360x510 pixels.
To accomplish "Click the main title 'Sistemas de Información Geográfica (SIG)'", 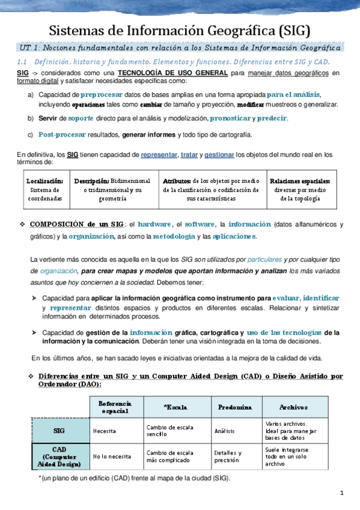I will [x=180, y=31].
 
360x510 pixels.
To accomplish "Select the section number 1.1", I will [x=23, y=62].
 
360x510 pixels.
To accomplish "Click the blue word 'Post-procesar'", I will [x=62, y=134].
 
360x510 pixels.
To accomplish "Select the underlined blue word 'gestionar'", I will [x=219, y=155].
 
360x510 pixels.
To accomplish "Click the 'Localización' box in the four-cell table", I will [x=44, y=189].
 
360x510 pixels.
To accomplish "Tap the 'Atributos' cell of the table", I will [x=210, y=189].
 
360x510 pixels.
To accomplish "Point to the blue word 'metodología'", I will [x=174, y=236].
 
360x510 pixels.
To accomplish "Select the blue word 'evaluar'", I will [x=285, y=298].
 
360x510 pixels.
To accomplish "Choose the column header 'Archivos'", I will [x=293, y=407].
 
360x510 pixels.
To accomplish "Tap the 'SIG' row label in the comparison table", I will [x=59, y=431].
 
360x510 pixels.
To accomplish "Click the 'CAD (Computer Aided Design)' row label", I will [x=59, y=456].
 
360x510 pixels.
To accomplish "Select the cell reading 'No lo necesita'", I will [x=112, y=456].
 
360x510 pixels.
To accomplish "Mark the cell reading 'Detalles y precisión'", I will [x=228, y=456].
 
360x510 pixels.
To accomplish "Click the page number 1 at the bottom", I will [x=341, y=494].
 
